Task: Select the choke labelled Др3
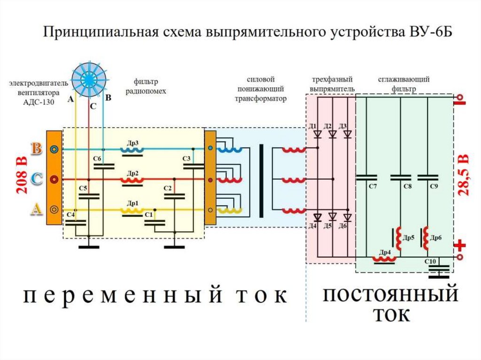pos(133,150)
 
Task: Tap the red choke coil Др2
pos(133,180)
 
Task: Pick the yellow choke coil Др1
pos(133,210)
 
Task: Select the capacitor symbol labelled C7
pos(367,177)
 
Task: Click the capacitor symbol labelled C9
pos(427,177)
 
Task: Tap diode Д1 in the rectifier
pos(318,134)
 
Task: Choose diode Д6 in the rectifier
pos(348,217)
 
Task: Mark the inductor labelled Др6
pos(427,238)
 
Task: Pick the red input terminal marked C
pos(55,179)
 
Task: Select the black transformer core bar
pos(262,181)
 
